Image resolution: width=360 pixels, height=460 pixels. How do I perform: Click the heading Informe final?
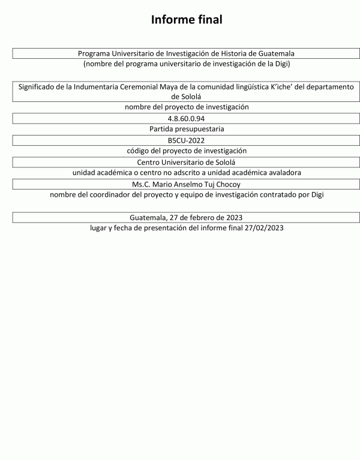click(x=187, y=20)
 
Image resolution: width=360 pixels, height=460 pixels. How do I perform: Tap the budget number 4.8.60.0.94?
click(x=187, y=118)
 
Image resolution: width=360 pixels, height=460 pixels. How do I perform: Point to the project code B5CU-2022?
click(x=187, y=140)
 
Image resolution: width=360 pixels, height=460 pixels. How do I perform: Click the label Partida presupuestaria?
click(x=187, y=129)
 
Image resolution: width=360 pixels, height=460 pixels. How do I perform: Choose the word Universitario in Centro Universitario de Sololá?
click(x=187, y=162)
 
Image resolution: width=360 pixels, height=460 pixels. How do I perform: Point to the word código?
click(x=140, y=151)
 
